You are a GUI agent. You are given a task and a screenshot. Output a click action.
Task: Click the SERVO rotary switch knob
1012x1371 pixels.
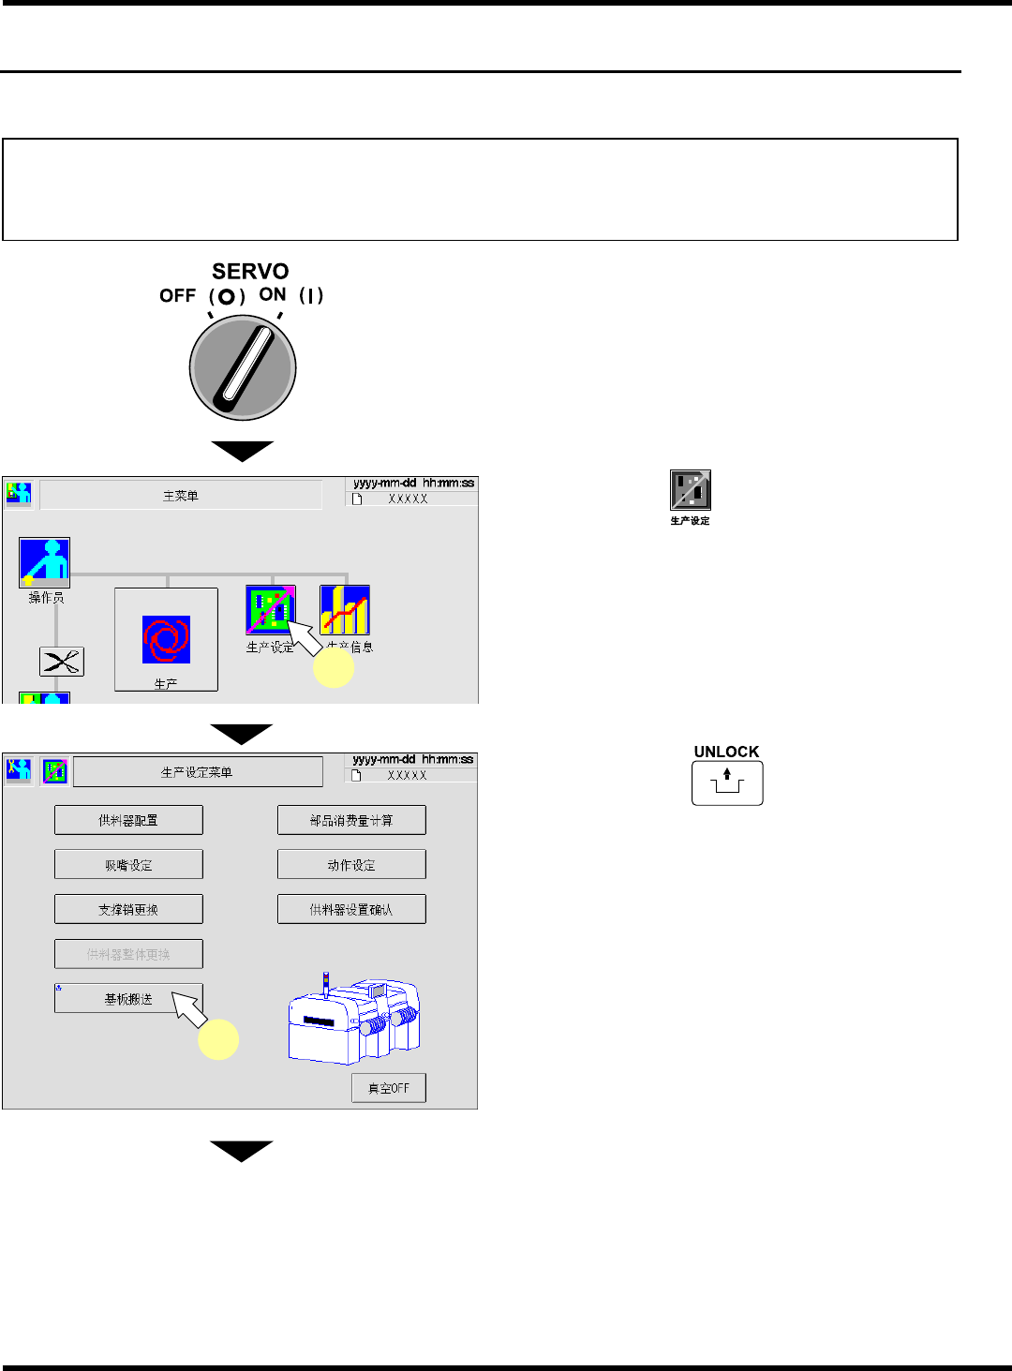pyautogui.click(x=243, y=365)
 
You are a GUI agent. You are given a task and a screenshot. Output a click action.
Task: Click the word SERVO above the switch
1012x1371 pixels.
pyautogui.click(x=250, y=272)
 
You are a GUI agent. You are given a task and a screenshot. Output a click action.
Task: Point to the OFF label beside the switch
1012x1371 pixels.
pyautogui.click(x=177, y=296)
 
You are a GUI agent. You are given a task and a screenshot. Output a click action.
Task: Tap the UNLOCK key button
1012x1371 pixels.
pyautogui.click(x=727, y=782)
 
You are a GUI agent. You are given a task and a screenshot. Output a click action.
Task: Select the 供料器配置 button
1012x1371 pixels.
pyautogui.click(x=128, y=820)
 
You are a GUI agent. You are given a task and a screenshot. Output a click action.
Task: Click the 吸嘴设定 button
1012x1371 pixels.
pyautogui.click(x=128, y=864)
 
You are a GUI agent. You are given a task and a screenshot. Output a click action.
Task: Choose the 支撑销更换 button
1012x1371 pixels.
pyautogui.click(x=128, y=909)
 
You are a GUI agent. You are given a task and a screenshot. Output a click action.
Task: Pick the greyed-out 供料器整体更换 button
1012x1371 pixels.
pyautogui.click(x=128, y=954)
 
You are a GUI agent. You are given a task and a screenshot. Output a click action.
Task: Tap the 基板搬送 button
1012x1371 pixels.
pyautogui.click(x=128, y=999)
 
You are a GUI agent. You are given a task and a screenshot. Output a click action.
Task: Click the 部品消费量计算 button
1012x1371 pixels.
pyautogui.click(x=351, y=820)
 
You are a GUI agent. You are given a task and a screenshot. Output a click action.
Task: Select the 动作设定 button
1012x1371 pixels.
pyautogui.click(x=351, y=864)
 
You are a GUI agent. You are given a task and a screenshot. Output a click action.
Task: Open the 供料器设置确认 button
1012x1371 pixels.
pyautogui.click(x=351, y=909)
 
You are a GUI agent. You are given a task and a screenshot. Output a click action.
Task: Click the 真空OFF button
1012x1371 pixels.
pyautogui.click(x=388, y=1088)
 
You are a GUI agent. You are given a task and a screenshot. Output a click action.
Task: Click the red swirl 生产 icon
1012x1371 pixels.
pyautogui.click(x=166, y=639)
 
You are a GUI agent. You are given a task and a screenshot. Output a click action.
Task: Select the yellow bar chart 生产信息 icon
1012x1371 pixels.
pyautogui.click(x=345, y=610)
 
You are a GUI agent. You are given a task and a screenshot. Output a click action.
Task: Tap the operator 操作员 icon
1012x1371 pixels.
pyautogui.click(x=44, y=562)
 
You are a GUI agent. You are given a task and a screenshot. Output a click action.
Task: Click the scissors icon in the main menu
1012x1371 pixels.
pyautogui.click(x=62, y=662)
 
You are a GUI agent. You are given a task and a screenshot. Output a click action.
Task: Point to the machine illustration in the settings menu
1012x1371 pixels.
pyautogui.click(x=354, y=1021)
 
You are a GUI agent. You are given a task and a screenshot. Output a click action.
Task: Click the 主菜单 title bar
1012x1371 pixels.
pyautogui.click(x=181, y=496)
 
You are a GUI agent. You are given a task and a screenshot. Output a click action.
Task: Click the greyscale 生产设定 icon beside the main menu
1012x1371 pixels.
pyautogui.click(x=691, y=490)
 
